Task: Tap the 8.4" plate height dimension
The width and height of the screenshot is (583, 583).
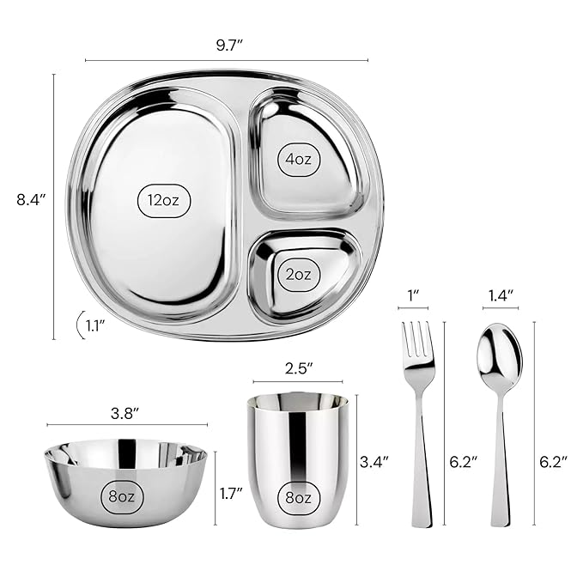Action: [x=31, y=200]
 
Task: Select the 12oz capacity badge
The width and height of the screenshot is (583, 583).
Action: [x=163, y=200]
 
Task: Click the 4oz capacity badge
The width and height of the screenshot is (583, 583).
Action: [x=298, y=159]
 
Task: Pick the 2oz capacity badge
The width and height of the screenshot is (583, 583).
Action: [x=298, y=275]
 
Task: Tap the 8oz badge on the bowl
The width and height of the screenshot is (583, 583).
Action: [x=125, y=495]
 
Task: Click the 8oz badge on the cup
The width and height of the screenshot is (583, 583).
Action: [x=298, y=495]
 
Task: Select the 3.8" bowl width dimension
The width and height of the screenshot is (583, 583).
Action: [x=125, y=413]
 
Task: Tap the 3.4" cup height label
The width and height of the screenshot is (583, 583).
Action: [x=373, y=461]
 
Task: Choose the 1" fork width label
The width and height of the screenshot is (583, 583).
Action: [x=413, y=295]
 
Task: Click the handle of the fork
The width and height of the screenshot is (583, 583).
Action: [x=421, y=464]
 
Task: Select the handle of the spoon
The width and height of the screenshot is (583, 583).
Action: [x=500, y=464]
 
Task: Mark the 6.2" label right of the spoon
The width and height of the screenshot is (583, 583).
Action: [x=555, y=461]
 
